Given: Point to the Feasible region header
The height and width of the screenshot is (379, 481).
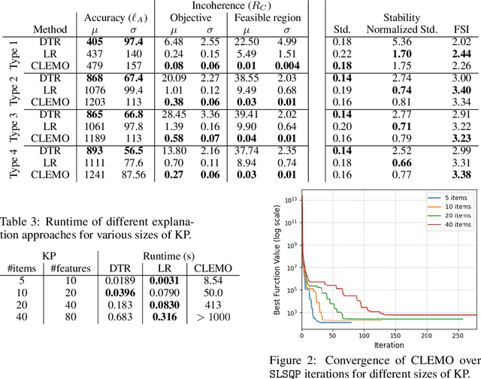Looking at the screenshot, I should click(268, 17).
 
